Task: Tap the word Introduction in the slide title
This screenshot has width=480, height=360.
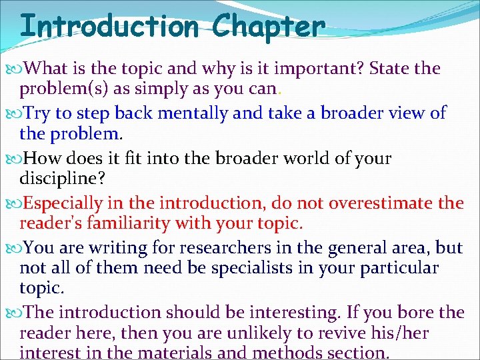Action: [x=109, y=27]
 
